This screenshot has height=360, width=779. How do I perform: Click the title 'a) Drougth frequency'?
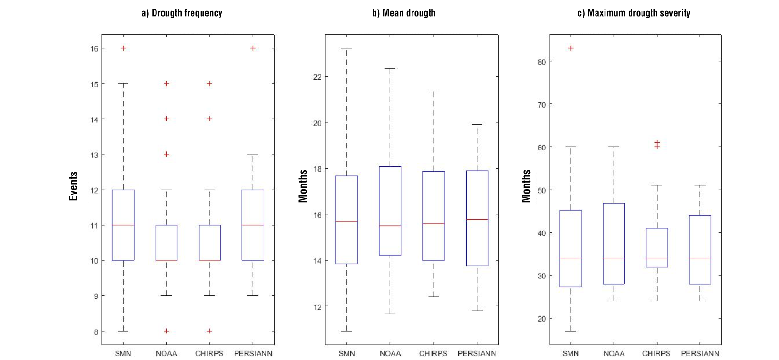[182, 13]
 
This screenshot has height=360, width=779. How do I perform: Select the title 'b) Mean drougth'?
[403, 13]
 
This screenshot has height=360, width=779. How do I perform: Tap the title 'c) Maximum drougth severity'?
[633, 13]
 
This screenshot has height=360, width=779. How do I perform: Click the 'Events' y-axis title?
[73, 186]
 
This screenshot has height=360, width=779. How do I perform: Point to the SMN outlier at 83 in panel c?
[571, 48]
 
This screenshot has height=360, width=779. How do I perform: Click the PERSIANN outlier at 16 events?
[253, 48]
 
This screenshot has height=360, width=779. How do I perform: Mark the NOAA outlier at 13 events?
[166, 154]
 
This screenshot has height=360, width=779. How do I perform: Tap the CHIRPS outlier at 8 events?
[210, 331]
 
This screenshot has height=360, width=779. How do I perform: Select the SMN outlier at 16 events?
[123, 48]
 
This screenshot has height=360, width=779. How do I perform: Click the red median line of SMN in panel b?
[346, 221]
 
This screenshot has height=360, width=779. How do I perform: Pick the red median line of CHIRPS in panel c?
[657, 258]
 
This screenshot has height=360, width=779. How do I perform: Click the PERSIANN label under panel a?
[253, 353]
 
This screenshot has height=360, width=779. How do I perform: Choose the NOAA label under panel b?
[390, 353]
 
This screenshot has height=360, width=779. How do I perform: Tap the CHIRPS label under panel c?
[656, 353]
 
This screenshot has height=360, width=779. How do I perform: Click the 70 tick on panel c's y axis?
[541, 104]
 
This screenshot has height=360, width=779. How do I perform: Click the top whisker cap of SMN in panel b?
[346, 48]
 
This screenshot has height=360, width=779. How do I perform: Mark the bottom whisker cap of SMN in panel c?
[571, 331]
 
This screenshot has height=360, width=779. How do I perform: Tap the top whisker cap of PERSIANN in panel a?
[253, 154]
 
